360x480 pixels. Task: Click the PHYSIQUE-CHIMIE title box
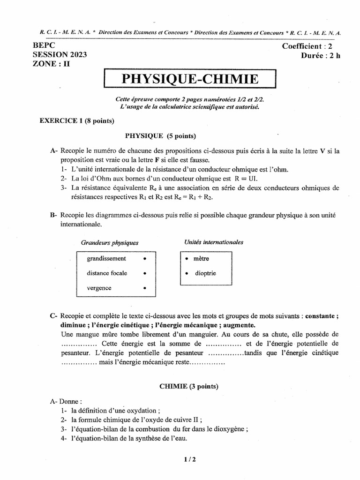click(x=190, y=79)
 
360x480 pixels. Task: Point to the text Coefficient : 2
click(x=308, y=46)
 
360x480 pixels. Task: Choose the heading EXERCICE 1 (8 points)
click(x=77, y=120)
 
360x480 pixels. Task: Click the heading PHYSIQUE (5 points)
click(x=160, y=136)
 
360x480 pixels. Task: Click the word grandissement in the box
click(x=106, y=258)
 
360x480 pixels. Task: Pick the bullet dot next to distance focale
click(x=145, y=273)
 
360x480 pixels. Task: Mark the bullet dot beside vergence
click(x=145, y=288)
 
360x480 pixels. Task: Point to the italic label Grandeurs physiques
click(x=110, y=243)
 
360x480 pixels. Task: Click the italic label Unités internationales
click(x=214, y=242)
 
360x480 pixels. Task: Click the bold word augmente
click(x=239, y=325)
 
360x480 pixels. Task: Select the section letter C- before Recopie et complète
click(x=53, y=316)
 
